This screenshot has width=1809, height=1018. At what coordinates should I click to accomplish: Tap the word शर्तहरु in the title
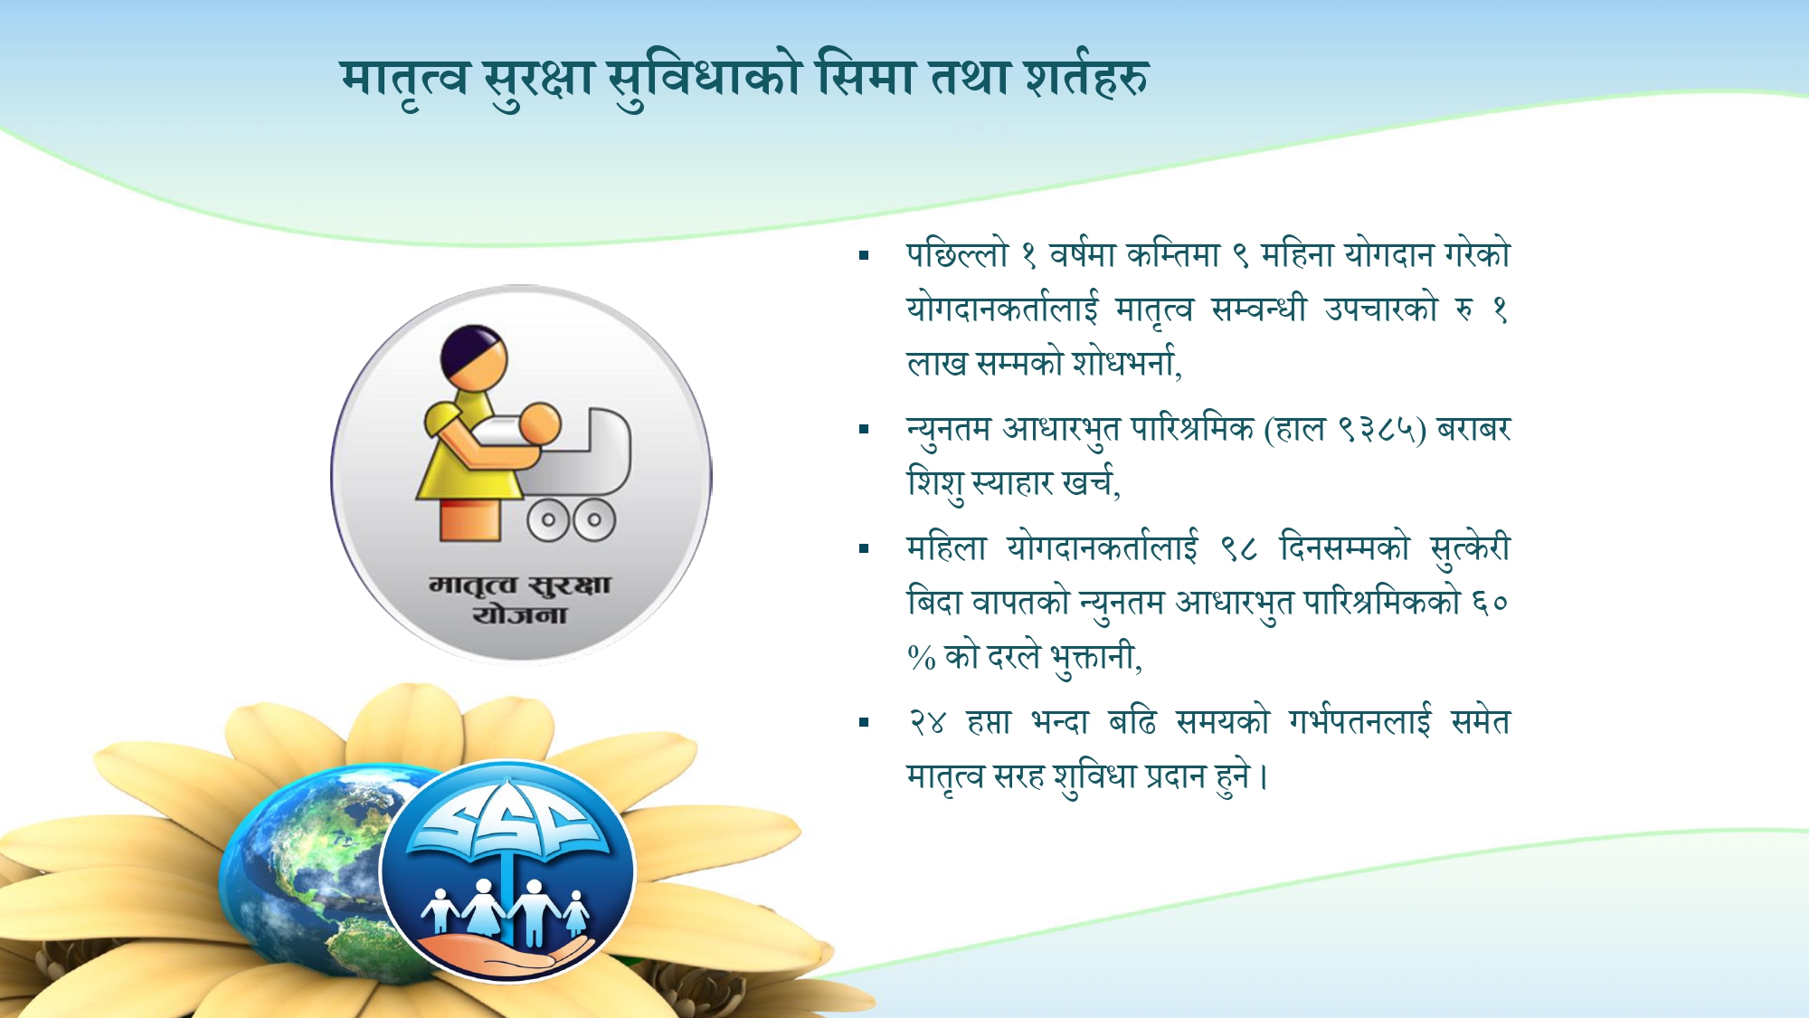(x=1086, y=78)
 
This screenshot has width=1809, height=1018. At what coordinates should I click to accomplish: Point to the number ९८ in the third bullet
(x=1238, y=548)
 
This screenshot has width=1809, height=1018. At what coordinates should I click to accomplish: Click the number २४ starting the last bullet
(x=927, y=722)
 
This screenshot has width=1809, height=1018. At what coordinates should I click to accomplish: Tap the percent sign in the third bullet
(x=921, y=658)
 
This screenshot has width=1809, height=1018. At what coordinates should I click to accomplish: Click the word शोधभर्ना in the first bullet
(x=1125, y=364)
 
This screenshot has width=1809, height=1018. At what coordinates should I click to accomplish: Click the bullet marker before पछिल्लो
(x=864, y=256)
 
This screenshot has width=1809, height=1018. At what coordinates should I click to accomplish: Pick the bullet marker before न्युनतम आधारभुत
(x=864, y=430)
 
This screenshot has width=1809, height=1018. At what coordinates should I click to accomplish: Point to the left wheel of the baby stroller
(x=548, y=520)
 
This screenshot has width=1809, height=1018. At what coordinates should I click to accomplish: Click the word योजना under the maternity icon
(x=520, y=615)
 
